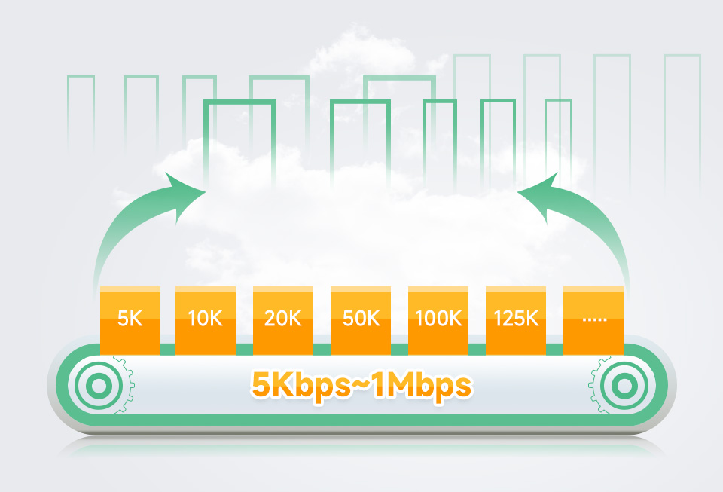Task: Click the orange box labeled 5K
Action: click(x=130, y=320)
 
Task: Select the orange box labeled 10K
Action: click(x=206, y=320)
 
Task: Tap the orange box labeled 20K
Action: click(x=283, y=320)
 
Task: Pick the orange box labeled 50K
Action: click(x=361, y=320)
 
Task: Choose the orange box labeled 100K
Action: click(x=438, y=320)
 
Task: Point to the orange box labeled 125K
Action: click(x=516, y=320)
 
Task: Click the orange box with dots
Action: click(x=593, y=320)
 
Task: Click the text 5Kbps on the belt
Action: click(x=297, y=386)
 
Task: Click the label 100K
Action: click(x=438, y=319)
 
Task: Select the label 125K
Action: click(x=516, y=319)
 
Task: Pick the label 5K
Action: click(x=130, y=319)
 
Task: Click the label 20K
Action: click(x=283, y=319)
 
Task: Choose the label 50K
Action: click(x=361, y=319)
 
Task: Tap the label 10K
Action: click(x=206, y=319)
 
